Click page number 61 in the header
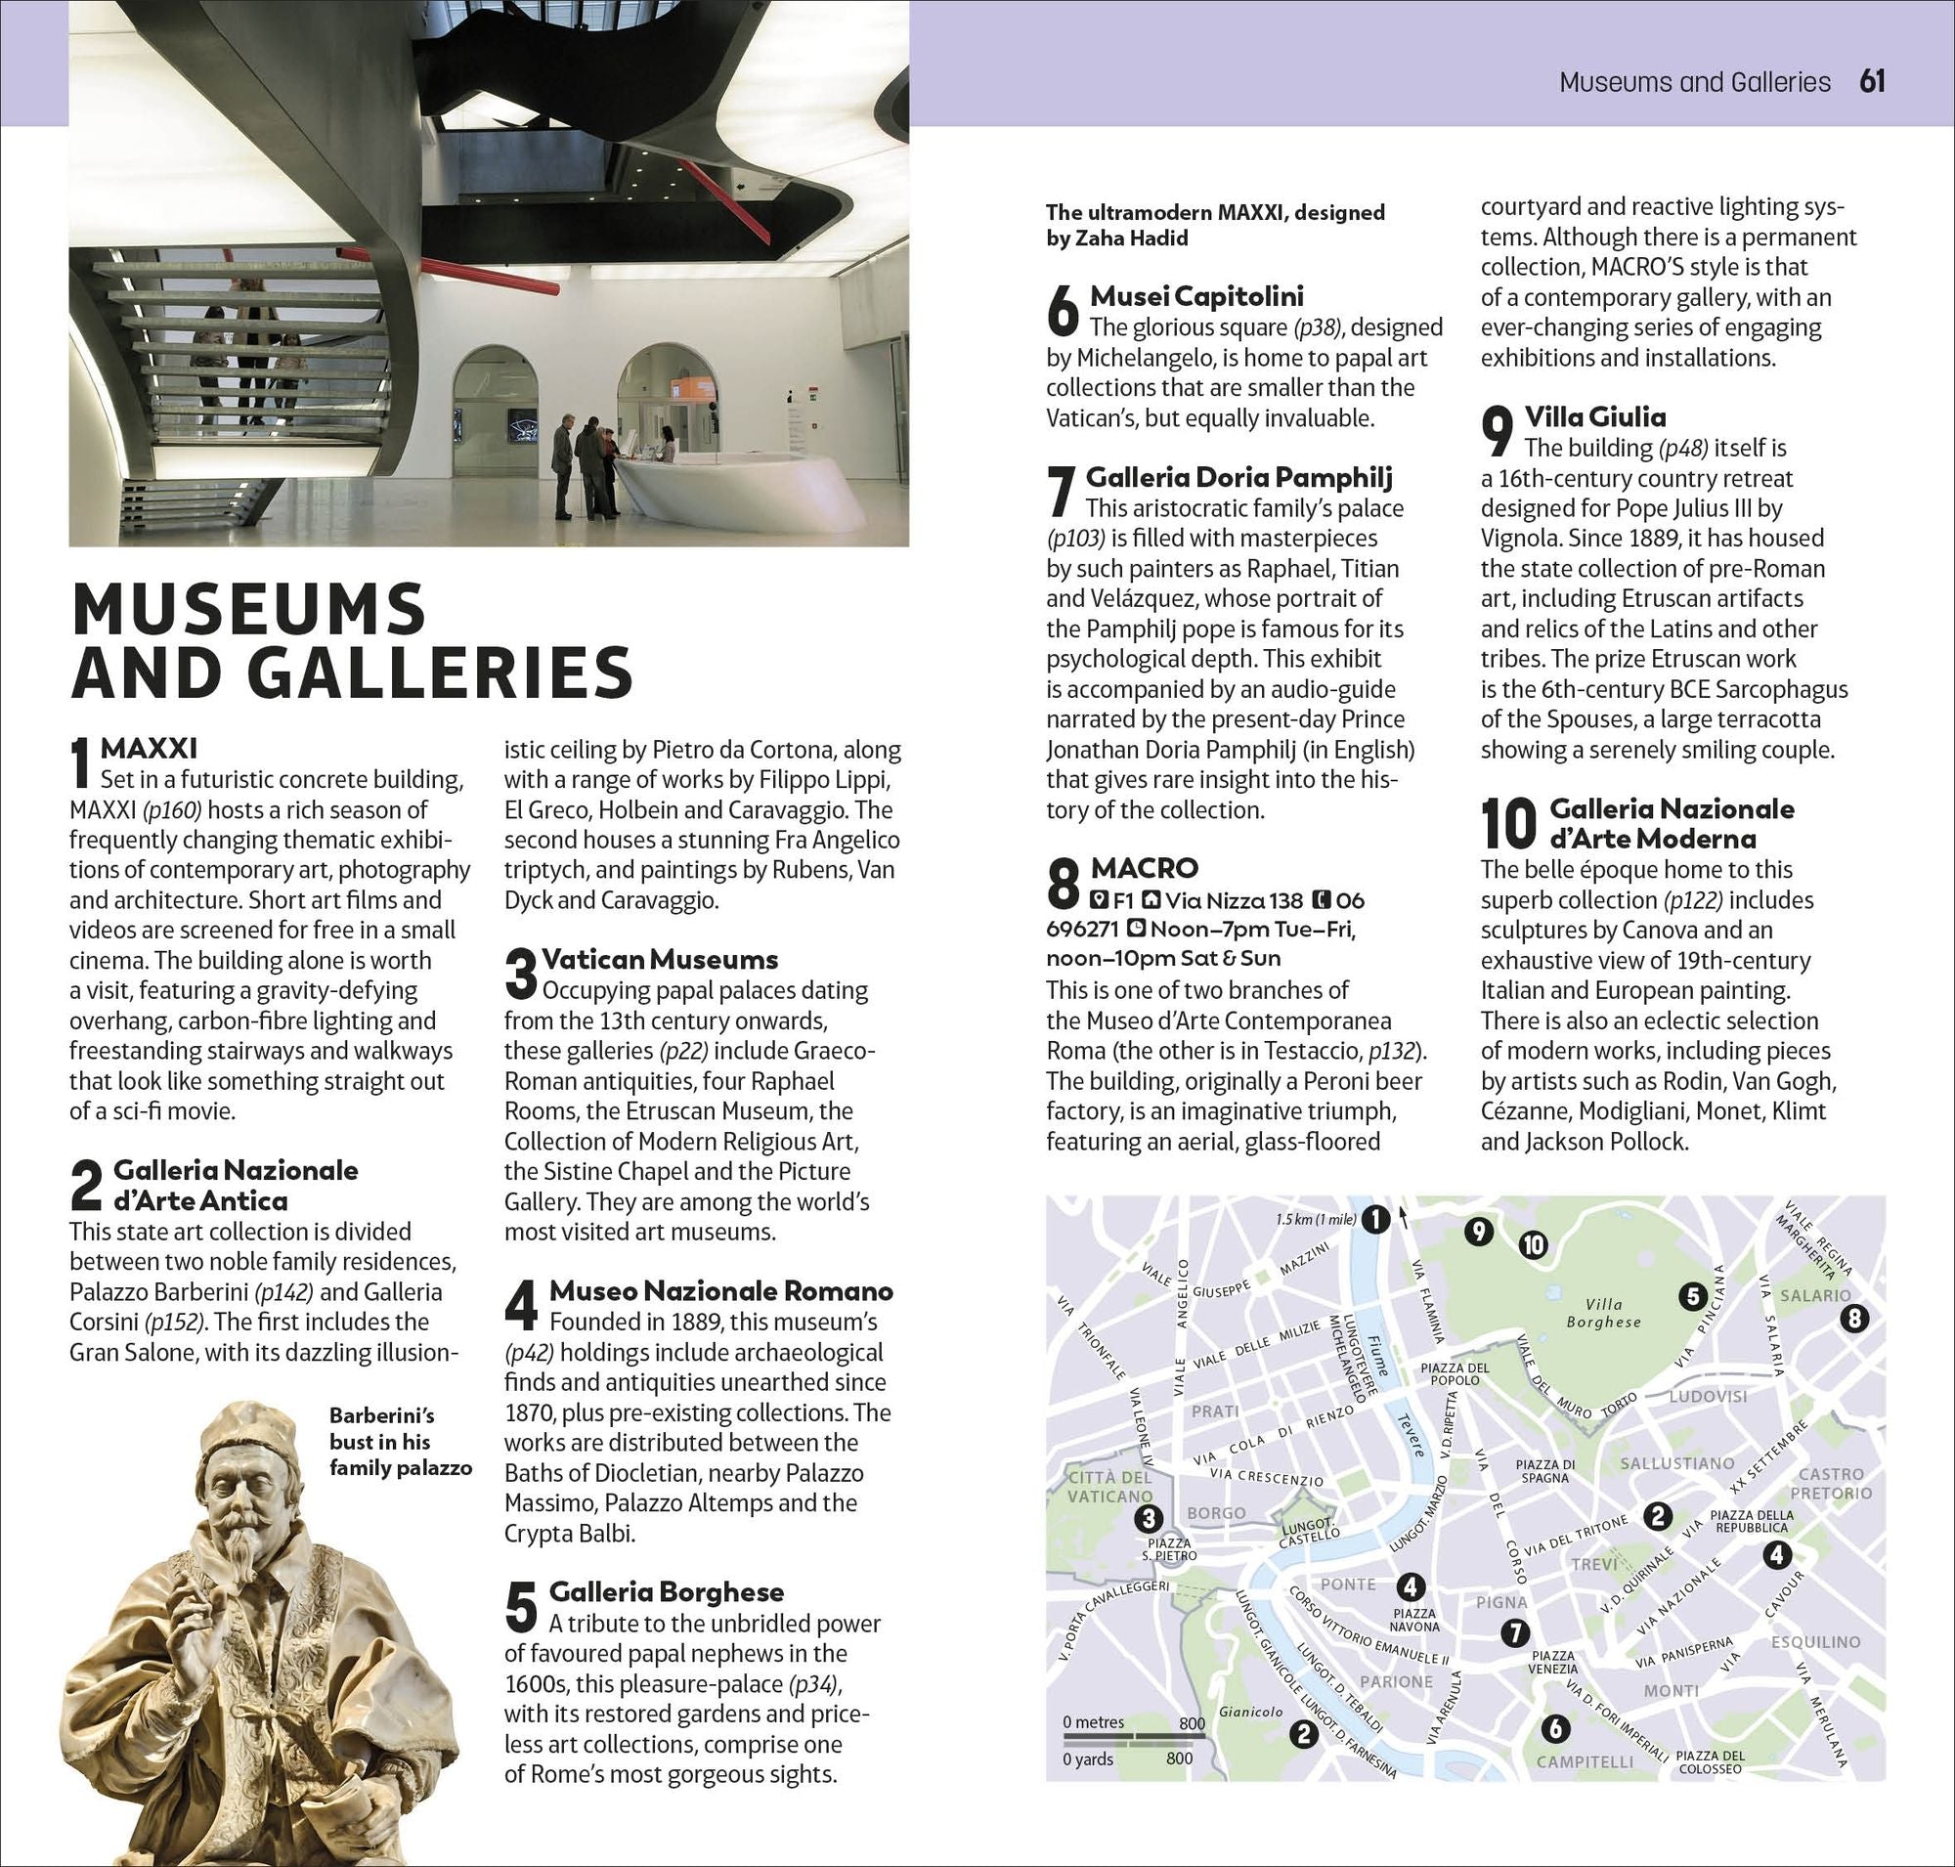(x=1871, y=81)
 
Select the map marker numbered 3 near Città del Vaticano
(x=1149, y=1519)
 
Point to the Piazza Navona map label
(x=1414, y=1619)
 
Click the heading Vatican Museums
(x=659, y=959)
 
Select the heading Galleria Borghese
(x=666, y=1592)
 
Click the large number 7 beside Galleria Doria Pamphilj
(x=1062, y=492)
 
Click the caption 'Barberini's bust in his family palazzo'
(x=400, y=1441)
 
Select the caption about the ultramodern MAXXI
(x=1214, y=225)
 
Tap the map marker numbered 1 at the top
(x=1374, y=1219)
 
